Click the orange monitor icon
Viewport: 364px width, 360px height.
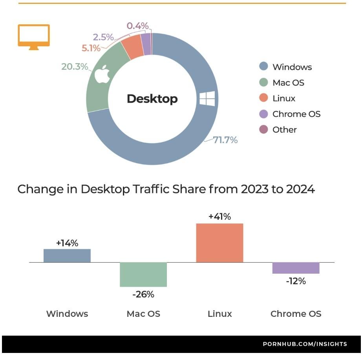[x=34, y=36]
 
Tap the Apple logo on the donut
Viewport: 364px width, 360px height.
[x=102, y=75]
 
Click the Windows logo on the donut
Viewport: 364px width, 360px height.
[x=207, y=98]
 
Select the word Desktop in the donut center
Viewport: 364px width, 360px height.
[x=152, y=99]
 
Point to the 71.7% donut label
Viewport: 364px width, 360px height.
[x=225, y=140]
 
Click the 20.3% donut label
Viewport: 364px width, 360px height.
[x=75, y=67]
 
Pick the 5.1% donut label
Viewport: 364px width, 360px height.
[x=91, y=49]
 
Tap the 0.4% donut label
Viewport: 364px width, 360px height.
[x=137, y=26]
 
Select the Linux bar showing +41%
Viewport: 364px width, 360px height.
[x=219, y=243]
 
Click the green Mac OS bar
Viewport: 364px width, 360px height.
[x=143, y=274]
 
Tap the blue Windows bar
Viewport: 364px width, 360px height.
[x=67, y=255]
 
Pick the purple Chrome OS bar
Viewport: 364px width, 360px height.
[x=296, y=268]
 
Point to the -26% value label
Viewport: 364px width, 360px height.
[x=143, y=294]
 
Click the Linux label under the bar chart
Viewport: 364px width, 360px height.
[x=219, y=314]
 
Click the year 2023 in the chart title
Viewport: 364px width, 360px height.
[x=255, y=189]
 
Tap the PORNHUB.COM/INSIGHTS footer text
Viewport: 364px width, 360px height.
[x=305, y=344]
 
